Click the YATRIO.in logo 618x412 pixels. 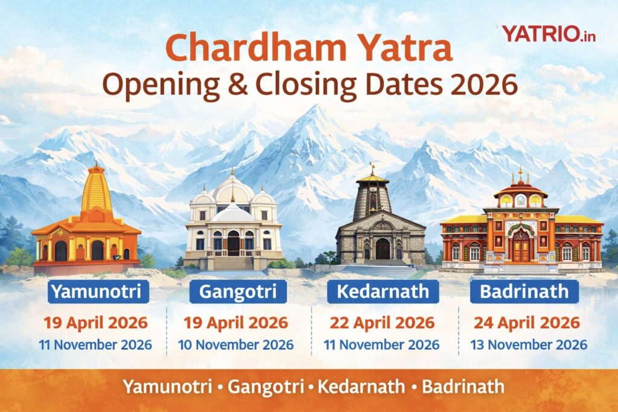pos(549,34)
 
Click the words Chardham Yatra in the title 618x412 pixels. pos(308,48)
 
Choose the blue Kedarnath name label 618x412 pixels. pos(383,292)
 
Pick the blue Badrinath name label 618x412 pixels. pos(524,292)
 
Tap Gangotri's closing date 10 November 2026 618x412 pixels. pos(236,345)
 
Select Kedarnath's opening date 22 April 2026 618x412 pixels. pos(382,323)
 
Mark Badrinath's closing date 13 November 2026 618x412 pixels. pos(529,345)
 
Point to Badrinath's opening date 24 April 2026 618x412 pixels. pos(527,323)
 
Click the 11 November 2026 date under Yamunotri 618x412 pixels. pos(95,345)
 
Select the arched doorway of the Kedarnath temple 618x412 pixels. pos(383,248)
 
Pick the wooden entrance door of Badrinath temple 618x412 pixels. pos(520,249)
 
